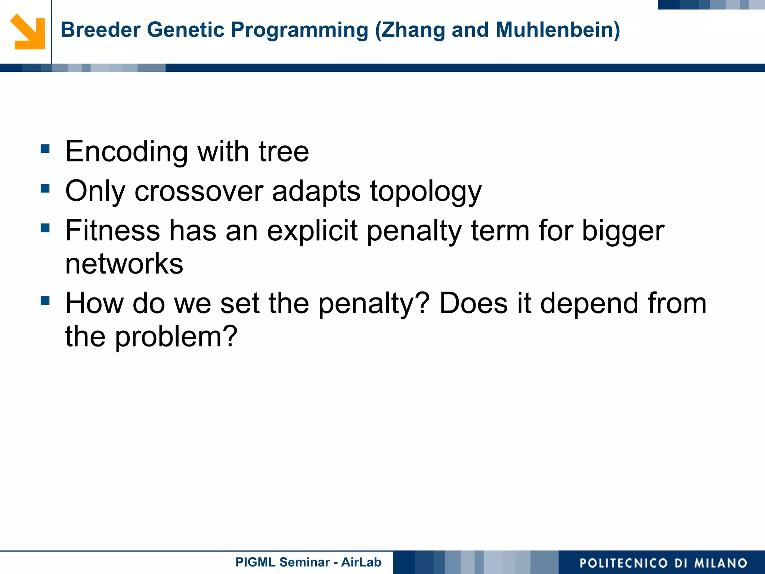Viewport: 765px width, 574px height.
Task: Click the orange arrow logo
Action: point(28,32)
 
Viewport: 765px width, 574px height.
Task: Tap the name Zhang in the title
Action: point(413,30)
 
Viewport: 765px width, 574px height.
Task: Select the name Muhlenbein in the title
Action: point(554,30)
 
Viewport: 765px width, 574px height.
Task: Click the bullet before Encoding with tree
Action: point(45,149)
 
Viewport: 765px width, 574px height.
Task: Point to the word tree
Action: point(284,151)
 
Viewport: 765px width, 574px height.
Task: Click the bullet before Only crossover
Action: point(45,188)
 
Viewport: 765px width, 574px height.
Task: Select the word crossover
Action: point(199,191)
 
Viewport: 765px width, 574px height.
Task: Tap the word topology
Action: point(426,192)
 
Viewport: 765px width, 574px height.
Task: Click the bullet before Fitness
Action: point(45,228)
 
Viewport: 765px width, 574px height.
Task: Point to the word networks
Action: point(124,264)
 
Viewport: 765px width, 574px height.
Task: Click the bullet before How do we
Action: point(45,300)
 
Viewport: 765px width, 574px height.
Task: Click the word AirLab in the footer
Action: point(361,562)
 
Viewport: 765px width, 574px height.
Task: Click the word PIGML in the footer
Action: point(255,562)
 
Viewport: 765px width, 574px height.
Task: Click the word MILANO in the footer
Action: point(721,563)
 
